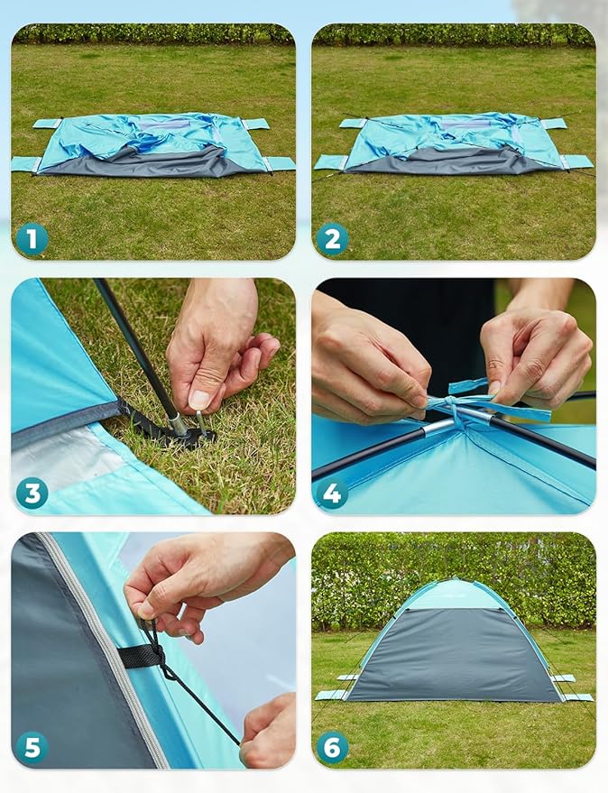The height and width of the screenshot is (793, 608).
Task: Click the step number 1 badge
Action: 32,240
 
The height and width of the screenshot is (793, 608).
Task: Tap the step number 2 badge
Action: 332,240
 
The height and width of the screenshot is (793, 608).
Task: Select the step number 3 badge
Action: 32,493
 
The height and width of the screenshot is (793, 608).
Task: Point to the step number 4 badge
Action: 332,493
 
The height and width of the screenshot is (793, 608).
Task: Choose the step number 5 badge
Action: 32,748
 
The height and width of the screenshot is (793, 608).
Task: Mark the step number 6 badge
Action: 332,748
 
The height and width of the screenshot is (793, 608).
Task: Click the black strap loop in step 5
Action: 143,655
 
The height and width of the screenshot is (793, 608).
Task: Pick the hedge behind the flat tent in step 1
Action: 153,34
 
